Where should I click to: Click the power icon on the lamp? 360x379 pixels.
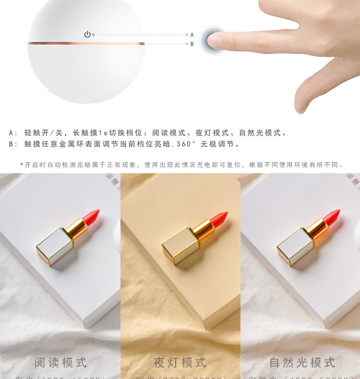coord(87,35)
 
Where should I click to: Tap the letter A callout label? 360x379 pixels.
coord(192,35)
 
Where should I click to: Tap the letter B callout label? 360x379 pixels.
coord(192,44)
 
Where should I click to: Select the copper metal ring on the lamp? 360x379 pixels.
coord(86,43)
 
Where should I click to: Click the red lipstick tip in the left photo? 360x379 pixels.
coord(91,216)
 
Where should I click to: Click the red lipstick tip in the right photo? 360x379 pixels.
coord(332,216)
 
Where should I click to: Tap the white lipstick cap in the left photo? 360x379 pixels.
coord(55,246)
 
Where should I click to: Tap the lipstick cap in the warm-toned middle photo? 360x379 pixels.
coord(180,246)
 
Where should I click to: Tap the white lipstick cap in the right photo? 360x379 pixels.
coord(295,246)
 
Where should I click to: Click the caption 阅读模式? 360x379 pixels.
coord(60,363)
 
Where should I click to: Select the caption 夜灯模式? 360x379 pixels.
coord(180,363)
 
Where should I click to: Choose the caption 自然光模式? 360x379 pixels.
coord(302,363)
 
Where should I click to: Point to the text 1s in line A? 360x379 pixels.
coord(112,133)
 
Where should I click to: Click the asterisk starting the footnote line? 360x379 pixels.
coord(22,165)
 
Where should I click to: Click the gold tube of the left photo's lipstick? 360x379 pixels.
coord(77,229)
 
